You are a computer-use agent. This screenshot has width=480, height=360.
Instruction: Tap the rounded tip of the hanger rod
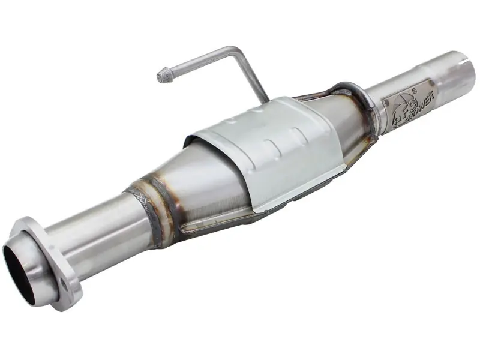[x=162, y=76]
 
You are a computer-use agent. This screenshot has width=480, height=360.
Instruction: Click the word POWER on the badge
[x=420, y=102]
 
